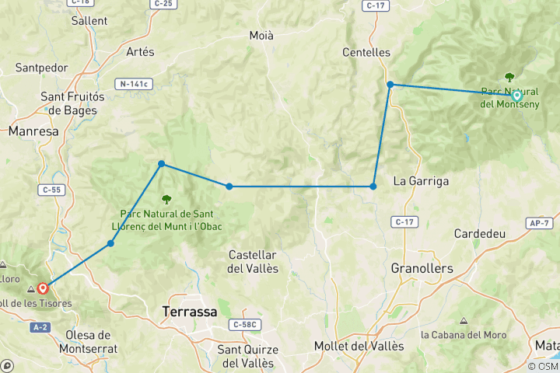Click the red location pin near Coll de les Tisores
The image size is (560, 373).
coord(43,288)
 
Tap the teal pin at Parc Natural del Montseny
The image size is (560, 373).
coord(516,96)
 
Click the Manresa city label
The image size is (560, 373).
coord(33,131)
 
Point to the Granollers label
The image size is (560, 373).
coord(423,268)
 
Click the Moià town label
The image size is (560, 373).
coord(261,36)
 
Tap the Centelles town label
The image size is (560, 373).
coord(366,53)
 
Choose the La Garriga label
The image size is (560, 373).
coord(421,181)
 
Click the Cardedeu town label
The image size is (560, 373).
coord(480,233)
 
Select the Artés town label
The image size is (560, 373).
coord(140,52)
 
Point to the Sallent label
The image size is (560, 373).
coord(89,21)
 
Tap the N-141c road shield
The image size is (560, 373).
coord(134,83)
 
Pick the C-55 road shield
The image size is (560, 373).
coord(51,189)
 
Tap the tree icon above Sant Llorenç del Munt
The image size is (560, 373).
coord(166,198)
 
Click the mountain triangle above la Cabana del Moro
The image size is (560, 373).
coord(464,321)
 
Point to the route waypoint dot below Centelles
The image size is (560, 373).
coord(390,85)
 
